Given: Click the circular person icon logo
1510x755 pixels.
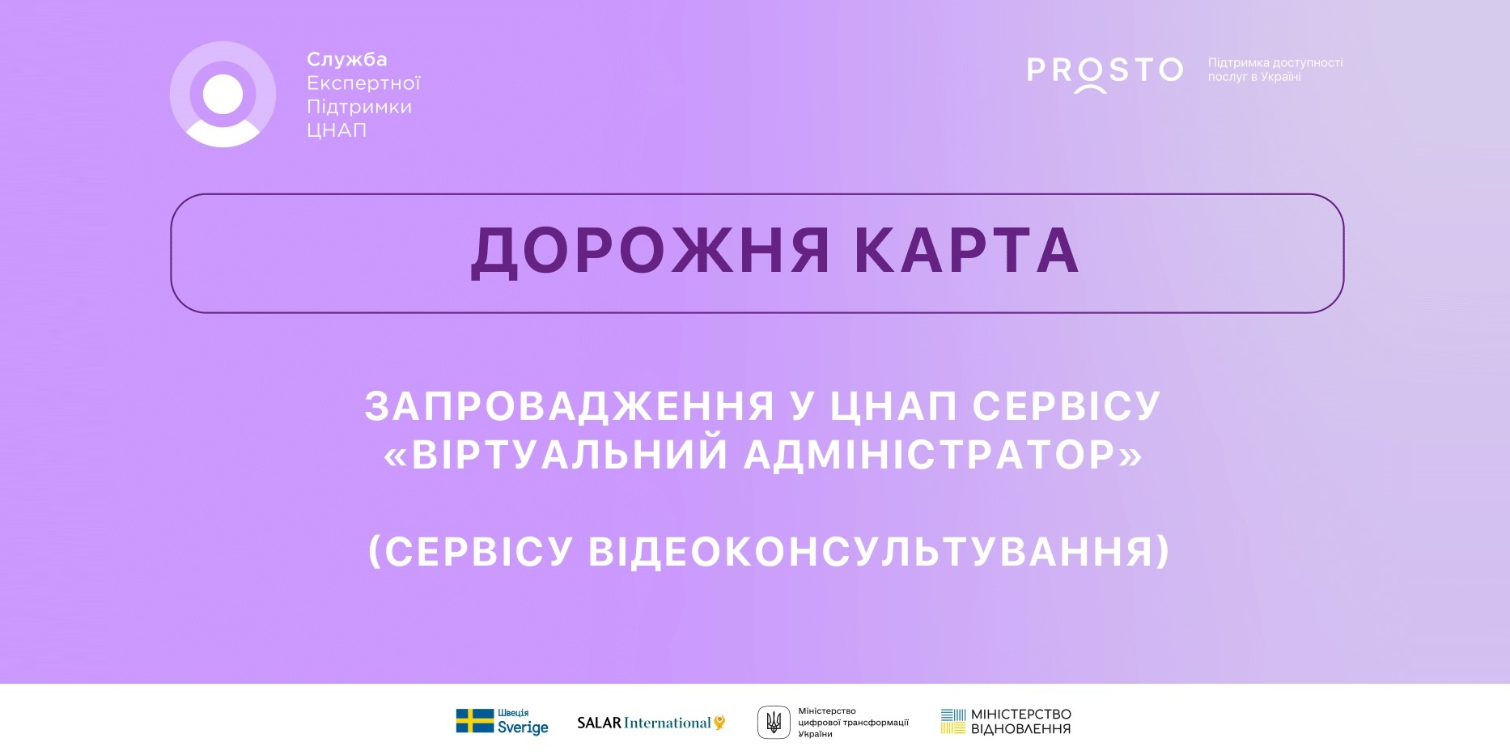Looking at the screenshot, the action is [223, 94].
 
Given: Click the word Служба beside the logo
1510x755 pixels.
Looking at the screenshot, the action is [347, 60].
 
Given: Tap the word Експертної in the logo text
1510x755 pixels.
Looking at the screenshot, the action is [363, 83].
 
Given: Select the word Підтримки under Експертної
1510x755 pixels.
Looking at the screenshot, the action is [359, 107].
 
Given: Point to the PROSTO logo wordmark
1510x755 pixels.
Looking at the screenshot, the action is [1105, 71].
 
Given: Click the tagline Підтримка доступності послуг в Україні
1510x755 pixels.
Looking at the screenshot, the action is [1275, 70].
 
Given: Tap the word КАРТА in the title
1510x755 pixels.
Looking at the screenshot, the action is [967, 251].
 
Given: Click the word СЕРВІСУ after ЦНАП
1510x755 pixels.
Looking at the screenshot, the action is [1067, 405].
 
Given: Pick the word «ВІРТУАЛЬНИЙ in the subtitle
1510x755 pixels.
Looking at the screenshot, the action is [556, 454].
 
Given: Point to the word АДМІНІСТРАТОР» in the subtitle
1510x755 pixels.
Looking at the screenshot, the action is [944, 455].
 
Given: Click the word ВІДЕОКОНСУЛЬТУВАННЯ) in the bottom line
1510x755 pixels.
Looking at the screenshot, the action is [879, 552].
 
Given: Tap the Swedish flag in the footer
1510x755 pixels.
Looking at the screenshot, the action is [474, 721].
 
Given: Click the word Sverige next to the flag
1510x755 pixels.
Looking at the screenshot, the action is [523, 727].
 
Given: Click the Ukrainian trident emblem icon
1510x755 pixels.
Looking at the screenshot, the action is [774, 722].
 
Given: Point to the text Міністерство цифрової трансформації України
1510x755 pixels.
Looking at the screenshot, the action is [854, 723].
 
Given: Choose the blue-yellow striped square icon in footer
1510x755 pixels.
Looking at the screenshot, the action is [953, 722].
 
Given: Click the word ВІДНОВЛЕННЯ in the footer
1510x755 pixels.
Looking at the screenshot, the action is [1021, 729].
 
